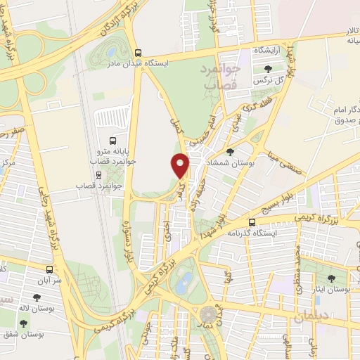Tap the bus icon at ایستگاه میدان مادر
click(x=139, y=52)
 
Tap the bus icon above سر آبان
click(x=49, y=269)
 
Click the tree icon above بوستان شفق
click(x=24, y=323)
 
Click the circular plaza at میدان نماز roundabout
click(x=208, y=313)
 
